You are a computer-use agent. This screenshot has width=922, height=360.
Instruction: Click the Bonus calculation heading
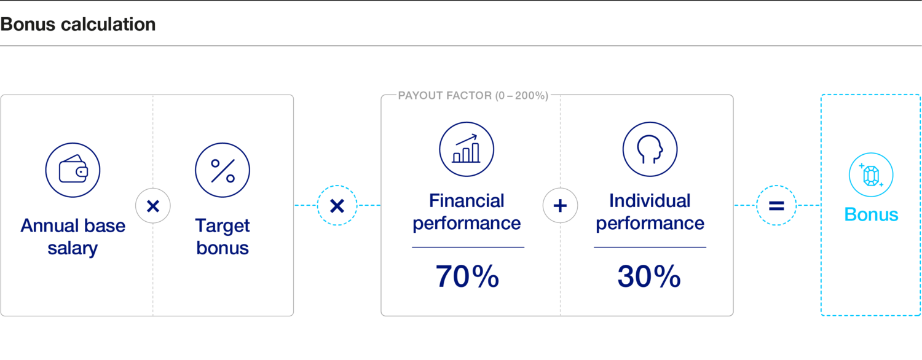[x=78, y=25]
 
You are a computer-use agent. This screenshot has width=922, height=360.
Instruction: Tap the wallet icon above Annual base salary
[x=73, y=170]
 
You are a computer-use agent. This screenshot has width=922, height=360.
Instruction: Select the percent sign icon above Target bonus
[x=223, y=170]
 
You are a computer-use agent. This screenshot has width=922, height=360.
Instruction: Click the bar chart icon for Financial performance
[x=467, y=149]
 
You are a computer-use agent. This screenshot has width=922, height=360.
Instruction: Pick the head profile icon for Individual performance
[x=650, y=149]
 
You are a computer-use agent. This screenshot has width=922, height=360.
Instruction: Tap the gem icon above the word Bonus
[x=871, y=175]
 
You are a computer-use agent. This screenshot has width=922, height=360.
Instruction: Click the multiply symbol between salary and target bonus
[x=153, y=206]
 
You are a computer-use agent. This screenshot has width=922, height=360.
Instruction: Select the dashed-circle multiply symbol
[x=337, y=206]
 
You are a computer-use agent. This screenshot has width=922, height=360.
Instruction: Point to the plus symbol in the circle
[x=560, y=206]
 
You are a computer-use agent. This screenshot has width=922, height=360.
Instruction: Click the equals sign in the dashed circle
[x=776, y=206]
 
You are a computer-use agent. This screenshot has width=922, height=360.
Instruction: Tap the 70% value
[x=467, y=277]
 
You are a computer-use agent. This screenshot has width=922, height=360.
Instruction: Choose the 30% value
[x=649, y=277]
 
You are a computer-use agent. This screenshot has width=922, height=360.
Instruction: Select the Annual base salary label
[x=73, y=237]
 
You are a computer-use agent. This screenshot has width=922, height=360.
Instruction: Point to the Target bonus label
[x=223, y=237]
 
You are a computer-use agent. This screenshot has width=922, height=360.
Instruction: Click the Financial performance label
[x=467, y=212]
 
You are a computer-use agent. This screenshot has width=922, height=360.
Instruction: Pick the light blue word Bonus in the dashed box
[x=871, y=214]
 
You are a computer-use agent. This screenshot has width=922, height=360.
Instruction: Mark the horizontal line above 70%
[x=468, y=247]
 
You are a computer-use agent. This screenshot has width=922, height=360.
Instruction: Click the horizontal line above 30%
[x=650, y=247]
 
